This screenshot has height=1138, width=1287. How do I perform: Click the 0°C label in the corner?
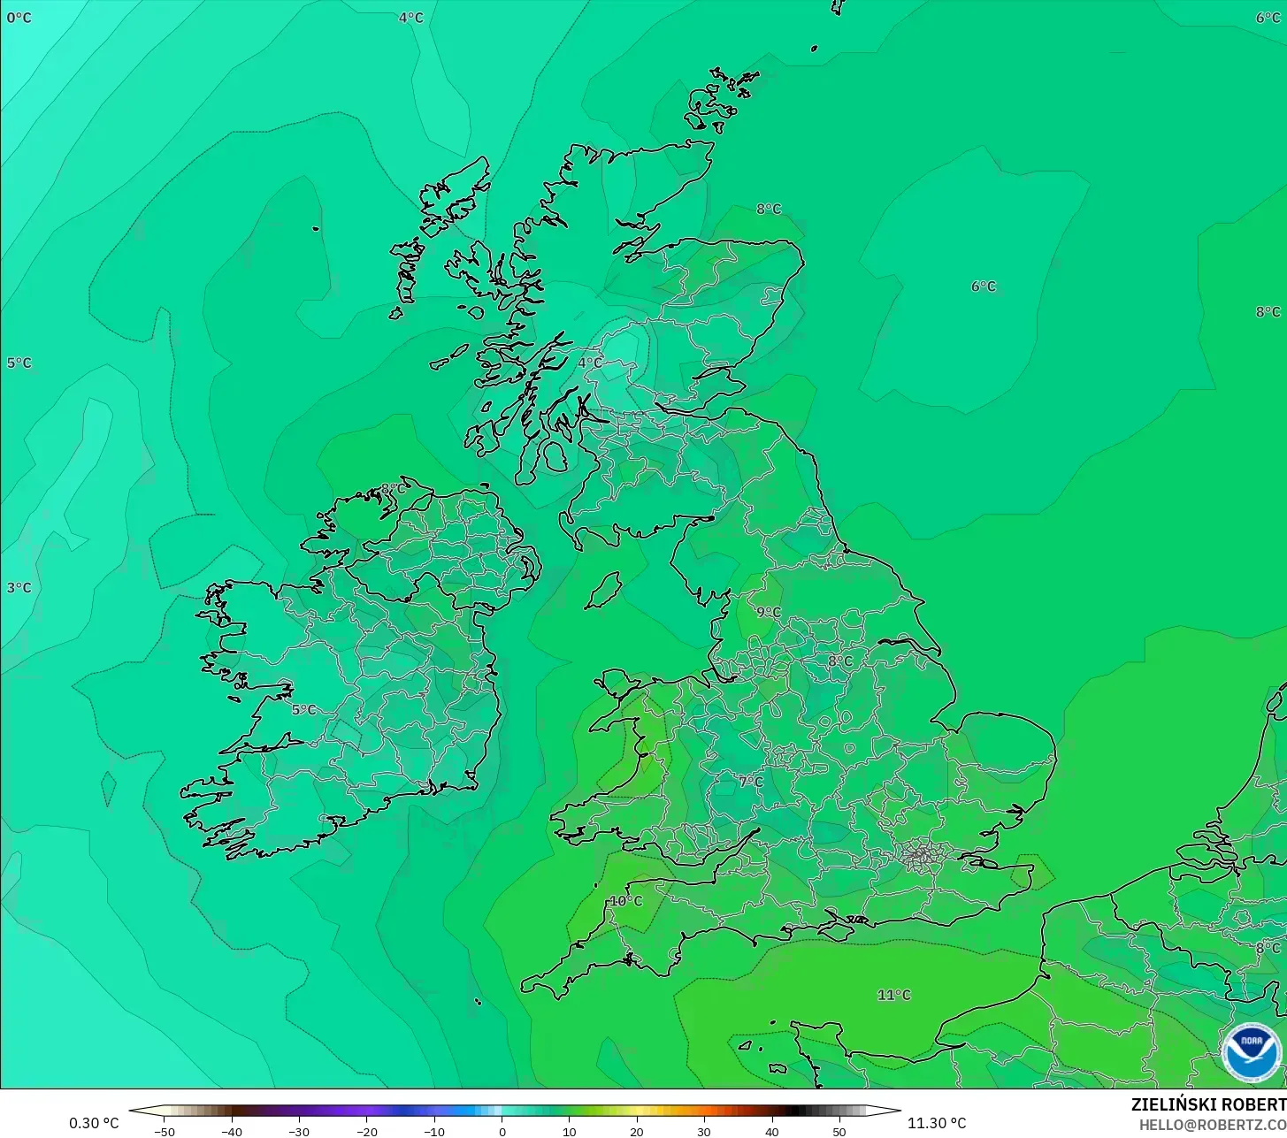[19, 18]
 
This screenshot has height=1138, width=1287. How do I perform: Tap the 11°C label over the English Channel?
[893, 995]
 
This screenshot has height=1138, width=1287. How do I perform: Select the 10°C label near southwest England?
[625, 901]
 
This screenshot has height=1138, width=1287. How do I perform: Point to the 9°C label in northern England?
[768, 612]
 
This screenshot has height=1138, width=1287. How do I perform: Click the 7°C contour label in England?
[750, 783]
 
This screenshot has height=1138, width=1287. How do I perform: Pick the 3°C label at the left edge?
[19, 588]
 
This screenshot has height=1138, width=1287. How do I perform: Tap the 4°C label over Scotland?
[590, 363]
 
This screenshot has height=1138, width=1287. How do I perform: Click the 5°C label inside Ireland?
[303, 709]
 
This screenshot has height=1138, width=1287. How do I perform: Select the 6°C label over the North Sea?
[983, 286]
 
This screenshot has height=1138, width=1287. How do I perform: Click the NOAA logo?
[1251, 1052]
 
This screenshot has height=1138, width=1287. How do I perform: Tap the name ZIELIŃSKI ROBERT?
[1208, 1104]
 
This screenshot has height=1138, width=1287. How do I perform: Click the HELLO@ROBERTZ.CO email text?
[1212, 1125]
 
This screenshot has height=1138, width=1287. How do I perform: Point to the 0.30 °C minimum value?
[94, 1123]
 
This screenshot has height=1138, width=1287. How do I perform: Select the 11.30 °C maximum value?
[937, 1123]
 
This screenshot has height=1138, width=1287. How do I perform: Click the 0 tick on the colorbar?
[502, 1131]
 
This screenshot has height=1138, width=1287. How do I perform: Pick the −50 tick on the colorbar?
[164, 1131]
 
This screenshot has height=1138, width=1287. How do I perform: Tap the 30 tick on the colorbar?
[704, 1131]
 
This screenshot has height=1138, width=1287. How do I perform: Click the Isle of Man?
[603, 590]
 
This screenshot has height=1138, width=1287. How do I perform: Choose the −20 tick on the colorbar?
[366, 1131]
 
